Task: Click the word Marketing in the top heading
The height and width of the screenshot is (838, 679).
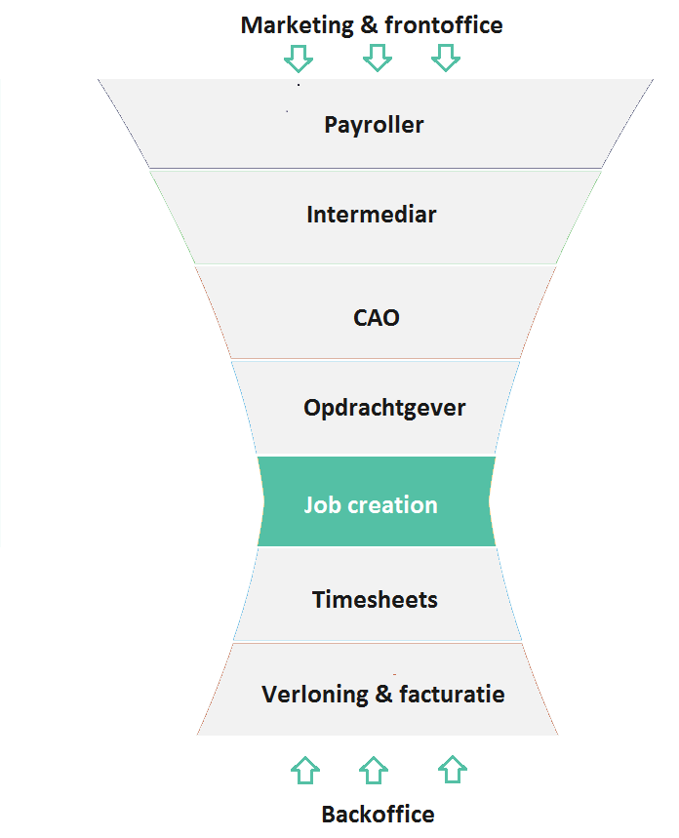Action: point(298,26)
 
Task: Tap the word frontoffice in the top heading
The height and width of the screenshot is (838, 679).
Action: point(444,25)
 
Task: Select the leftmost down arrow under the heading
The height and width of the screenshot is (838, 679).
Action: point(299,59)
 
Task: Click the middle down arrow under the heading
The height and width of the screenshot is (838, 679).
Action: point(378,58)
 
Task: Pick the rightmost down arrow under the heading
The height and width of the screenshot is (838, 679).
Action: point(446,58)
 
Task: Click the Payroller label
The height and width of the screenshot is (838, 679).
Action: point(374,126)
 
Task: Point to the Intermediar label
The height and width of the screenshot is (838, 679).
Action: point(372,215)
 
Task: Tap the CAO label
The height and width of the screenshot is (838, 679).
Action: point(377,318)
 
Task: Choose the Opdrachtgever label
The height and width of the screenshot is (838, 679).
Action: point(384,409)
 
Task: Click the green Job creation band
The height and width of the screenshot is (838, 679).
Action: point(377,501)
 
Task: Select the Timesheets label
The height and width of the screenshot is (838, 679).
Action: point(375,600)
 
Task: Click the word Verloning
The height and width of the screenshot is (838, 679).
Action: point(315,696)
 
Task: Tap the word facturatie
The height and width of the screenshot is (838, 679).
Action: point(452,695)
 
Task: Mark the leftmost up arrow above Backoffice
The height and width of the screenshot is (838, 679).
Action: point(305,770)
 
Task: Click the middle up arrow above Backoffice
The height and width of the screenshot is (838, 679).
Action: point(374,770)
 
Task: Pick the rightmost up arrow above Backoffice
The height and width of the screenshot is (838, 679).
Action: point(453,770)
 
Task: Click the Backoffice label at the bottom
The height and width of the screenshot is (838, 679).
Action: point(378,815)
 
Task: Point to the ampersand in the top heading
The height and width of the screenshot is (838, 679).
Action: point(370,25)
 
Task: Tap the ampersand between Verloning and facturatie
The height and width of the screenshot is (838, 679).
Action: point(383,695)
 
